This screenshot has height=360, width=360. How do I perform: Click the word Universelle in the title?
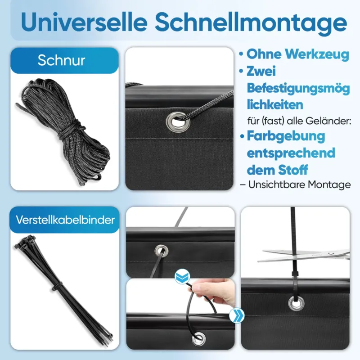click(x=84, y=22)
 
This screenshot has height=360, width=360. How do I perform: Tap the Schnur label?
click(x=61, y=60)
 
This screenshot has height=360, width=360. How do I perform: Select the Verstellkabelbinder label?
click(x=65, y=220)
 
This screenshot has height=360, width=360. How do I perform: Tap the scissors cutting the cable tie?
click(x=304, y=256)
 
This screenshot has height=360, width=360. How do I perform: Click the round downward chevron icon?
click(x=182, y=276)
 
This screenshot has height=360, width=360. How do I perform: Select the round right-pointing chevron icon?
click(x=237, y=315)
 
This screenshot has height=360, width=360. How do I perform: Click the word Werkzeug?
click(x=317, y=54)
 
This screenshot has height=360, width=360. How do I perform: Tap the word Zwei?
click(x=261, y=71)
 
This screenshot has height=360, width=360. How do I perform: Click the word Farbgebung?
click(x=286, y=136)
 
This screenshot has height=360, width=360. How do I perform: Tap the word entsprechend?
click(x=291, y=153)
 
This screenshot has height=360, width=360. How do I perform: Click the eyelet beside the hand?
click(x=198, y=339)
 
